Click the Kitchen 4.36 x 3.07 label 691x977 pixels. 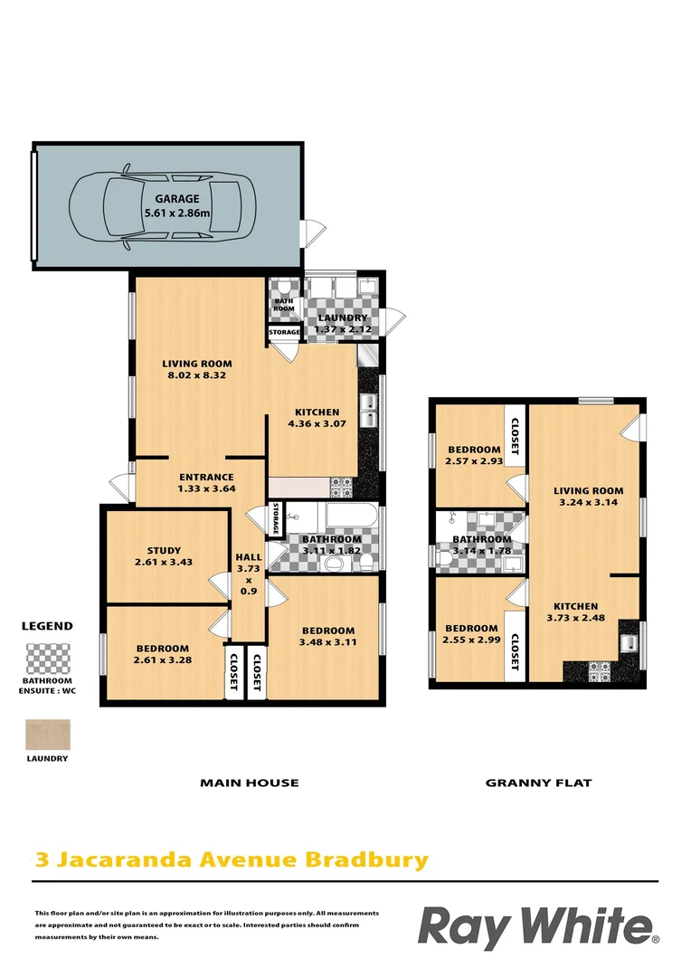pyautogui.click(x=313, y=418)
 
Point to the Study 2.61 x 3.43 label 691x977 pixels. pyautogui.click(x=164, y=556)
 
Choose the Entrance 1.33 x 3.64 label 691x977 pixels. pyautogui.click(x=206, y=483)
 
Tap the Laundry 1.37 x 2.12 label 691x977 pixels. pyautogui.click(x=341, y=324)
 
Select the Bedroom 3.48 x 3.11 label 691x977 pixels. pyautogui.click(x=327, y=636)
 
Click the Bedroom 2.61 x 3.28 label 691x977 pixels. pyautogui.click(x=163, y=654)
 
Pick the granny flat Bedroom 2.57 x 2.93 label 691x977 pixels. pyautogui.click(x=474, y=456)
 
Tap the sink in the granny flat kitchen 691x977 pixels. pyautogui.click(x=629, y=644)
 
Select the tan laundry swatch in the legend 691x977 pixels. pyautogui.click(x=47, y=734)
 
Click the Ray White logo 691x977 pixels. pyautogui.click(x=537, y=927)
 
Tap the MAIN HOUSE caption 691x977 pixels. pyautogui.click(x=249, y=783)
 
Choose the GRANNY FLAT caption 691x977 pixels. pyautogui.click(x=538, y=783)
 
